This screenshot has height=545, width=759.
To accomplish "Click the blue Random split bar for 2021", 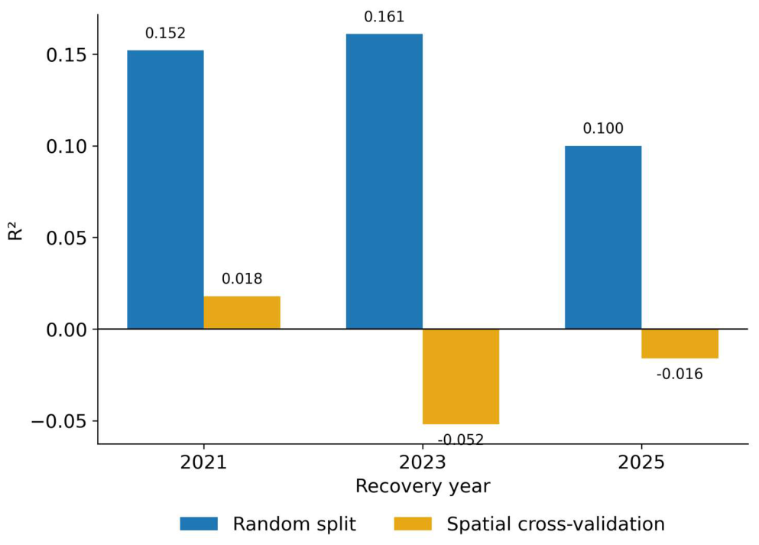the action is point(165,190).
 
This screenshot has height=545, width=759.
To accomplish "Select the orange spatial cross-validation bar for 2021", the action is point(242,313).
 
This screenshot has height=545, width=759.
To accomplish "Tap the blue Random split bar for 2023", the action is point(384,181).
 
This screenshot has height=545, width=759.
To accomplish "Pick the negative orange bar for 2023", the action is point(461,377).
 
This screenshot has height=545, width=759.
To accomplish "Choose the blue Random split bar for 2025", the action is point(603,238).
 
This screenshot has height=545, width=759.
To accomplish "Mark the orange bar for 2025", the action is point(680,344).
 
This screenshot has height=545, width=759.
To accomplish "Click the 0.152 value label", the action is point(165,34).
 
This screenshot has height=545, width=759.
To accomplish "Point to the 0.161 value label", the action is point(384,17).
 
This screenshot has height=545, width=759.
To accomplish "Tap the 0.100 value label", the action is point(603,128).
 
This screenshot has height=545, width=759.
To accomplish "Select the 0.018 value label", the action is point(242,279).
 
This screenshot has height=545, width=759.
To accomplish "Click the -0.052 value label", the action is point(461,440).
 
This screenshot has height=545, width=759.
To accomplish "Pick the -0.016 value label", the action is point(680,374).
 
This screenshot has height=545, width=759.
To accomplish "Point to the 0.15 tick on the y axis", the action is point(66,55).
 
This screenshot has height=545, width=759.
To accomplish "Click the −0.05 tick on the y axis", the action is point(59,422).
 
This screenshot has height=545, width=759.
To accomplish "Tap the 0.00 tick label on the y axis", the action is point(66,330).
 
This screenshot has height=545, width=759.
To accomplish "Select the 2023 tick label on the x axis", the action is point(423,462).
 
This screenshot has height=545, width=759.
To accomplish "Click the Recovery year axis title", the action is point(423,486).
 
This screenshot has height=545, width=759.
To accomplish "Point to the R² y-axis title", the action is point(15,231).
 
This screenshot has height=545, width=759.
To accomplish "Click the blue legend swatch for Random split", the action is point(199,524).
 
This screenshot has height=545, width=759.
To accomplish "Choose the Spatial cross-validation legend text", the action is point(556,524).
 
